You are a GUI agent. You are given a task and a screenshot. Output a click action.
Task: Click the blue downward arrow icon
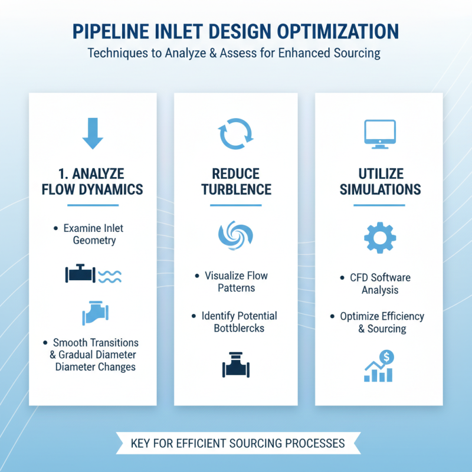pyautogui.click(x=93, y=134)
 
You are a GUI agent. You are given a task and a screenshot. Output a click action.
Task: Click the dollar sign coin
pyautogui.click(x=388, y=356)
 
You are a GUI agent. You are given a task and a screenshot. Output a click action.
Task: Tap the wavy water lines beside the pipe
pyautogui.click(x=109, y=275)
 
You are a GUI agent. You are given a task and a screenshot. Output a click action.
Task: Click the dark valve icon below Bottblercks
pyautogui.click(x=235, y=365)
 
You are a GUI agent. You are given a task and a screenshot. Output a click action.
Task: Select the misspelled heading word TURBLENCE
pyautogui.click(x=235, y=189)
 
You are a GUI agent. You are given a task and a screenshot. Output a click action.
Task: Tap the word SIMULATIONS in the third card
pyautogui.click(x=379, y=189)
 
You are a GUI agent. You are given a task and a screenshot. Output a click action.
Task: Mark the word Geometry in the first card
pyautogui.click(x=94, y=240)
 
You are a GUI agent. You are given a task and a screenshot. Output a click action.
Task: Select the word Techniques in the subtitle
pyautogui.click(x=118, y=53)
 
